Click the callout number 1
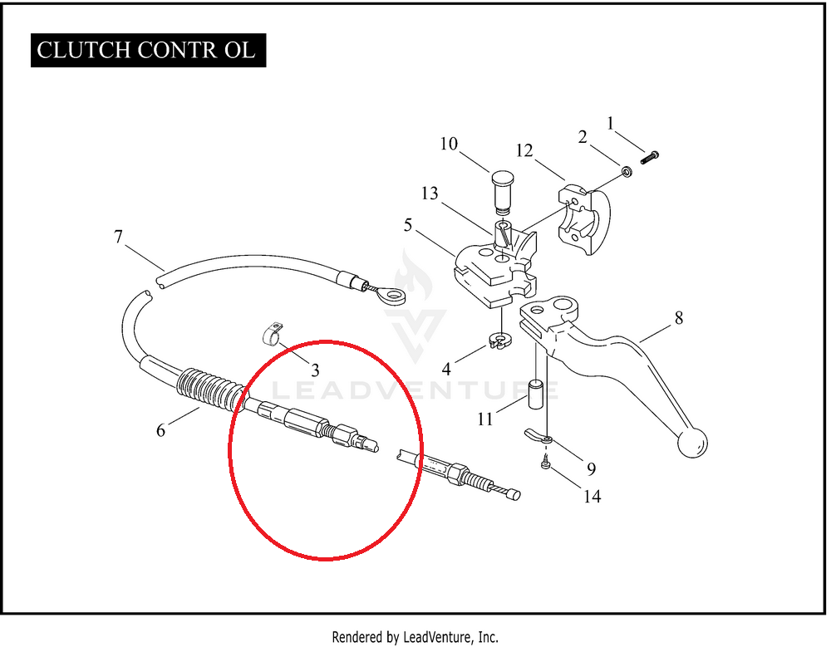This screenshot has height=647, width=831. [611, 124]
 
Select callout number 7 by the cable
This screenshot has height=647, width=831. [119, 238]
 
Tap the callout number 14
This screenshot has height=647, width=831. [592, 497]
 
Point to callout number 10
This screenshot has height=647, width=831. [449, 144]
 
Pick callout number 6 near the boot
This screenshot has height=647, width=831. [160, 429]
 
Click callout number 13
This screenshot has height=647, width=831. [430, 194]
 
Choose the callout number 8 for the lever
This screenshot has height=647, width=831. [679, 317]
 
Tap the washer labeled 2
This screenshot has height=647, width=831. [626, 171]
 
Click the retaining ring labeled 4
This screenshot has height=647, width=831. [499, 341]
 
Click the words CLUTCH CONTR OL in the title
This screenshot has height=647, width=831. [146, 50]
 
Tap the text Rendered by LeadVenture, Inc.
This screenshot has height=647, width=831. [415, 637]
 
